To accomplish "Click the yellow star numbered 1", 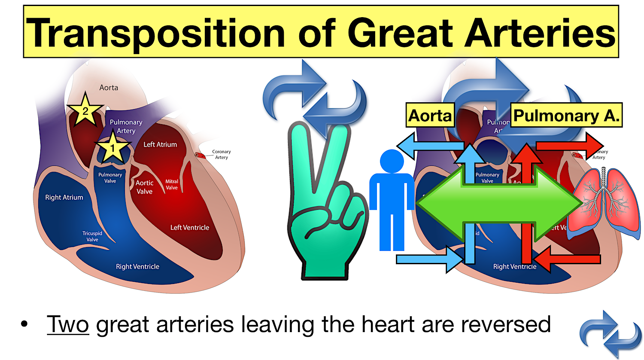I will [112, 148].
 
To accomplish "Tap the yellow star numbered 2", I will [85, 111].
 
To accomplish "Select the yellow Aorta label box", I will [430, 115].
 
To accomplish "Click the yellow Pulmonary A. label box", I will [566, 115].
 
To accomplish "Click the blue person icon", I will [392, 200].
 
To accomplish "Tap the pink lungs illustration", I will [604, 202].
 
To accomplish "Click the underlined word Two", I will [68, 324].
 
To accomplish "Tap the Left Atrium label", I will [160, 145].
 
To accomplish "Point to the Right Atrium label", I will [64, 198].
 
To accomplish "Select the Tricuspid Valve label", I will [92, 237].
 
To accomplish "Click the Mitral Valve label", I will [172, 184].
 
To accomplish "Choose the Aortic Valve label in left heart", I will [144, 187].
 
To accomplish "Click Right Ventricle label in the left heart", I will [137, 267].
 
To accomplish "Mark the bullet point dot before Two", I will [24, 324].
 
